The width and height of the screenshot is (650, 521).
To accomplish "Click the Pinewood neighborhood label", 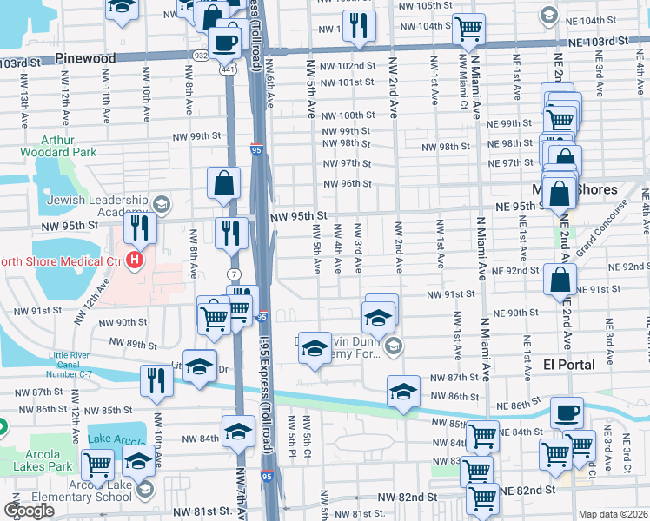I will click(85, 58).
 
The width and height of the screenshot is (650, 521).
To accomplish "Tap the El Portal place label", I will click(569, 364).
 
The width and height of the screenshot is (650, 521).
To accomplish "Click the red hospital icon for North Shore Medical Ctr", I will click(134, 259).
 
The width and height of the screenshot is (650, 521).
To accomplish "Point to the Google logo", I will click(29, 511).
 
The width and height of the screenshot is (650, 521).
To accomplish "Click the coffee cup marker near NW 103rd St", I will click(224, 41).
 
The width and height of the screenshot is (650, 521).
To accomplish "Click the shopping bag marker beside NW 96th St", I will click(223, 182).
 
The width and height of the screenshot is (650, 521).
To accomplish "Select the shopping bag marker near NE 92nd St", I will click(560, 279).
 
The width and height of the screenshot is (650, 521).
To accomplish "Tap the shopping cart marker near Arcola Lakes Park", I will click(97, 465).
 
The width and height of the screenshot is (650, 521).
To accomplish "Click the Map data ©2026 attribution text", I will click(612, 514).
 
